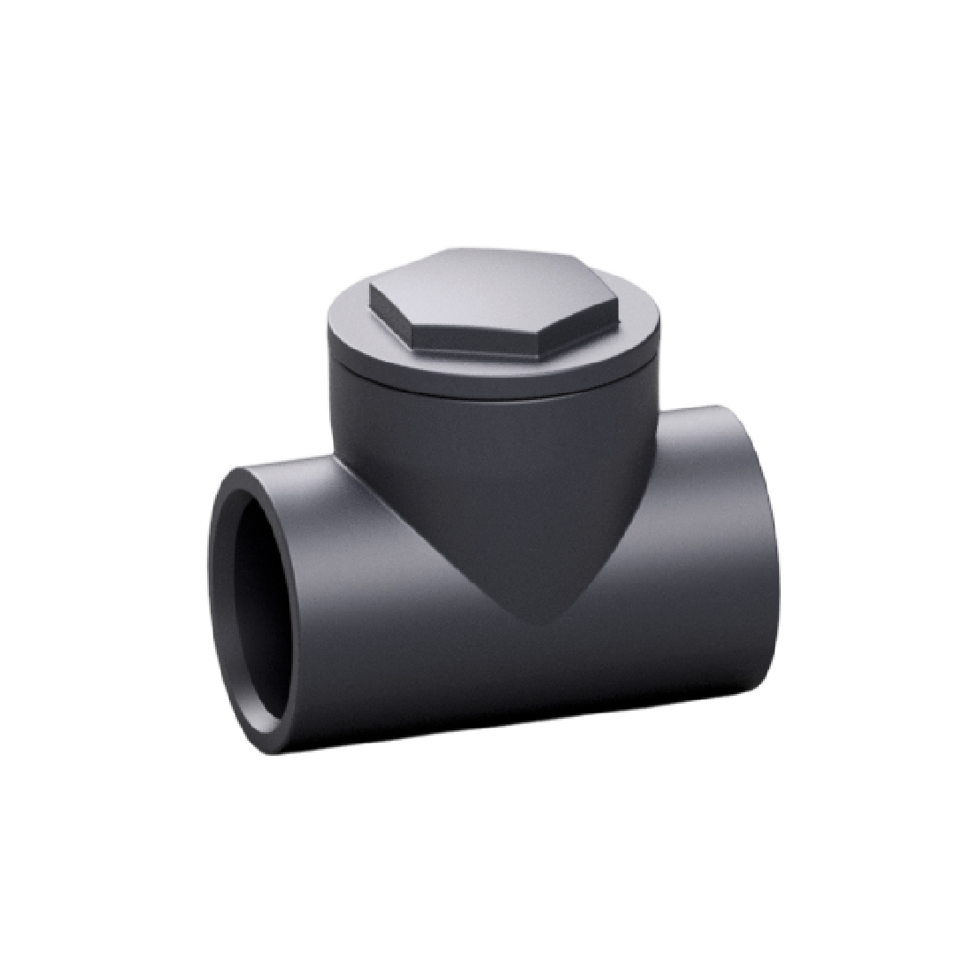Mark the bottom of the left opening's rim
(x=266, y=744)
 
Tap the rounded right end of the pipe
(x=761, y=549)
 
